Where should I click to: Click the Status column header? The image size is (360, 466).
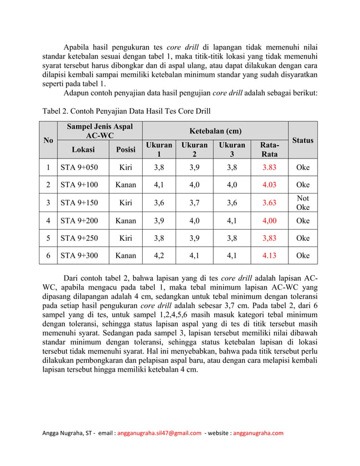click(x=303, y=140)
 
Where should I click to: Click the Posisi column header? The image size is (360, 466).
click(x=125, y=150)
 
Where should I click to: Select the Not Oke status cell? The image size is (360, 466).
click(x=303, y=203)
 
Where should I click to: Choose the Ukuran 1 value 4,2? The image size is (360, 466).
click(x=159, y=256)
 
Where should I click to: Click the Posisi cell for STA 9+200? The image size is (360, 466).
click(x=125, y=221)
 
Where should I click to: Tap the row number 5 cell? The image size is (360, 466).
click(x=49, y=238)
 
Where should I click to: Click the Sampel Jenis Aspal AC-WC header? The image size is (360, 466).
click(x=100, y=131)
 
